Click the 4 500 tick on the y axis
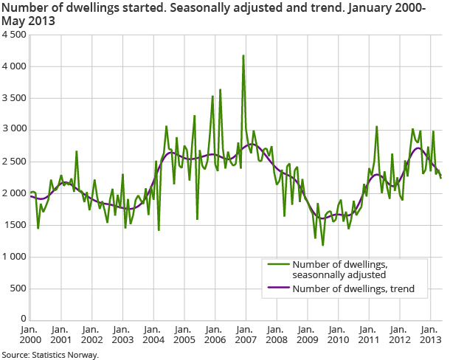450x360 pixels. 13,35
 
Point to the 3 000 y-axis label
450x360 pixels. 13,130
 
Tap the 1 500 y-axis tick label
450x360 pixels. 13,225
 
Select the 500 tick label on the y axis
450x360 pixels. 18,288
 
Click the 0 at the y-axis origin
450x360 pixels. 23,319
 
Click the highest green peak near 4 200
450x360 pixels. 243,55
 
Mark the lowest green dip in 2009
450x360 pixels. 323,245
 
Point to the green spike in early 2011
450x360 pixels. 376,127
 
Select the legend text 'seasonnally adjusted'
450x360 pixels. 339,275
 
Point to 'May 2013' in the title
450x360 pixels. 27,21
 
